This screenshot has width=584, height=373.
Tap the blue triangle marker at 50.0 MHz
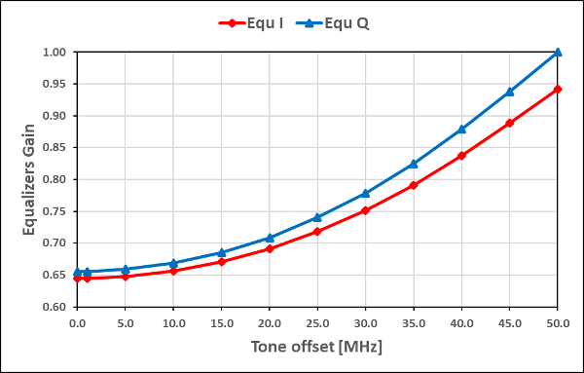pyautogui.click(x=558, y=52)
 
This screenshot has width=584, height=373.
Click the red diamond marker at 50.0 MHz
pyautogui.click(x=558, y=90)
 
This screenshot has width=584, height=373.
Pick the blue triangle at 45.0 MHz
pyautogui.click(x=510, y=92)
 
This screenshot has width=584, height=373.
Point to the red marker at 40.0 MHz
pyautogui.click(x=461, y=156)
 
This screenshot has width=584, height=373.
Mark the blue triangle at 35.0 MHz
pyautogui.click(x=414, y=164)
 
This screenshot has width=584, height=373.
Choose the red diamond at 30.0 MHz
pyautogui.click(x=366, y=210)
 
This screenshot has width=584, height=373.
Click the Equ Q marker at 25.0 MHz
pyautogui.click(x=317, y=217)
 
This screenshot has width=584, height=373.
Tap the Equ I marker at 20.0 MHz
pyautogui.click(x=270, y=249)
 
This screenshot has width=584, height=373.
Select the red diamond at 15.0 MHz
pyautogui.click(x=222, y=262)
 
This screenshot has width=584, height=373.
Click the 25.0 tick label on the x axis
pyautogui.click(x=317, y=323)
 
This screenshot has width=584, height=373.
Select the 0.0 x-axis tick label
pyautogui.click(x=77, y=323)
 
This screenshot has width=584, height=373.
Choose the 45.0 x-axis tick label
pyautogui.click(x=510, y=323)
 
